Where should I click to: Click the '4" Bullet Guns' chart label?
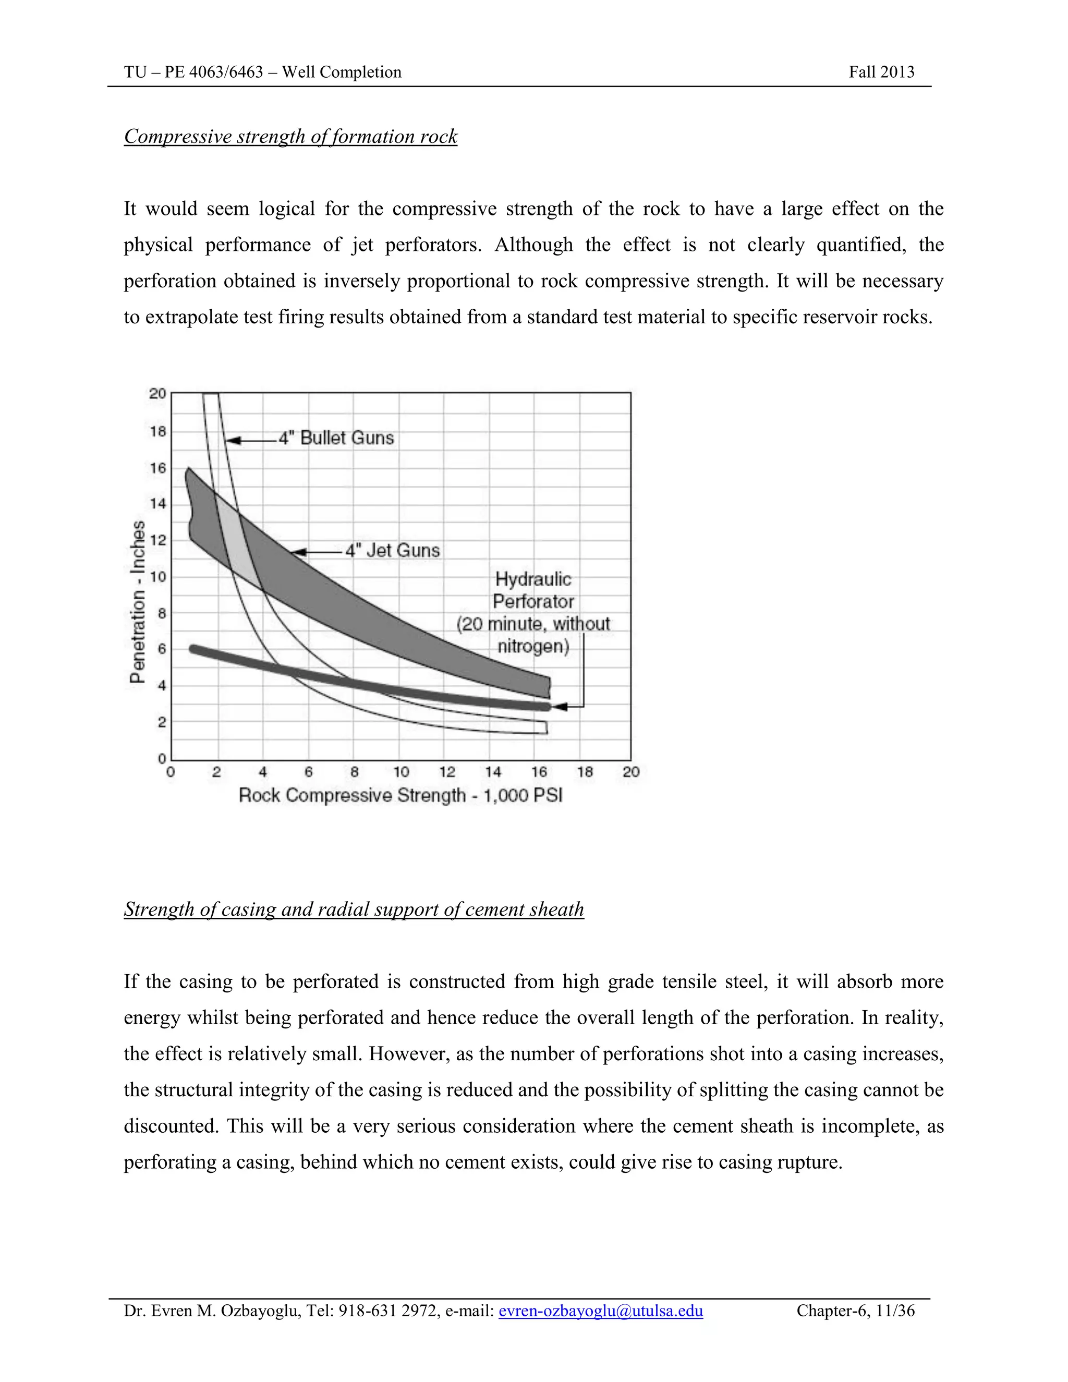point(336,438)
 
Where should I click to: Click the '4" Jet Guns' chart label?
point(392,551)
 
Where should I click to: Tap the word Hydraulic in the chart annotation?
point(533,579)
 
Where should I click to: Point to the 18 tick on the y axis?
point(157,432)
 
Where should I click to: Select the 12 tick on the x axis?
point(447,772)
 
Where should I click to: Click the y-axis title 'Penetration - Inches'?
point(137,602)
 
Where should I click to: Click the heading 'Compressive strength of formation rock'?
point(290,137)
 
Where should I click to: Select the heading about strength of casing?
point(354,910)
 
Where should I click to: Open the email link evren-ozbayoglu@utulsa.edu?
point(600,1311)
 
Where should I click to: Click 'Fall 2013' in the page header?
point(881,72)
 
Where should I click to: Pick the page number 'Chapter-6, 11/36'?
point(855,1311)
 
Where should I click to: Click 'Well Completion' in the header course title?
point(342,72)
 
